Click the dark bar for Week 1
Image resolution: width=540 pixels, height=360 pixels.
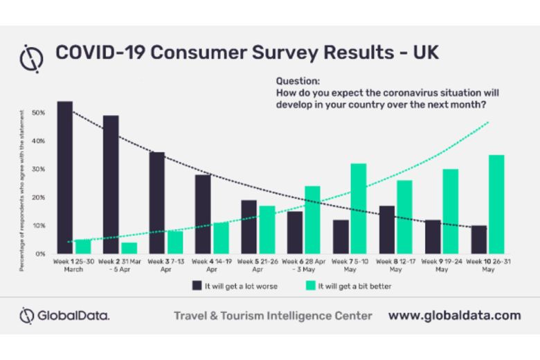pos(65,178)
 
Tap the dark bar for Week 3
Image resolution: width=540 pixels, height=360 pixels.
pos(157,203)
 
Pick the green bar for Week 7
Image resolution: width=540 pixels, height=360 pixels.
pos(358,208)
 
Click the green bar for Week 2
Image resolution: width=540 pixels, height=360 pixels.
pos(129,248)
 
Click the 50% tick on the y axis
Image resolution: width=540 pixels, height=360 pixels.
pos(39,112)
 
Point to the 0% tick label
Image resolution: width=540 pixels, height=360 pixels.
pos(40,254)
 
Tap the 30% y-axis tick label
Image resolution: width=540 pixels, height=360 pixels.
pos(39,169)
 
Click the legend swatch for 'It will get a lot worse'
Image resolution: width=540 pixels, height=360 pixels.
pos(197,285)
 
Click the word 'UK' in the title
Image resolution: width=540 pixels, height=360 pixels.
pos(424,53)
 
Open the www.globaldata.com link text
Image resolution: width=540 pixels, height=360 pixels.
pos(454,316)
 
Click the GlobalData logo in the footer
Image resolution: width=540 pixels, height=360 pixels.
pos(64,316)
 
